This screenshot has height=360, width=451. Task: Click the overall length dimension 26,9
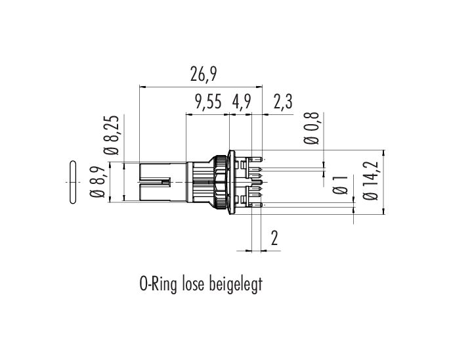[x=203, y=74]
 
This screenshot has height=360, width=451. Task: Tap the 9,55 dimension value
[x=208, y=102]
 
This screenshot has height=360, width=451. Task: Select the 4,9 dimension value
[x=242, y=102]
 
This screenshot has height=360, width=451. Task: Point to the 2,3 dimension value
[x=283, y=102]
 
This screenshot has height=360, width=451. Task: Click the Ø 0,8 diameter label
[x=312, y=128]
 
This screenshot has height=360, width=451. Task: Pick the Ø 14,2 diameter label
[x=370, y=181]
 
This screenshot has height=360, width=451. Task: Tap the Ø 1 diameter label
[x=340, y=185]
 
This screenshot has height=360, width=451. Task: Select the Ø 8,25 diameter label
[x=112, y=135]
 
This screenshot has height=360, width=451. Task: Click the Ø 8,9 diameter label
[x=97, y=182]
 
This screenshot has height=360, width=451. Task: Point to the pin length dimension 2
[x=274, y=238]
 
